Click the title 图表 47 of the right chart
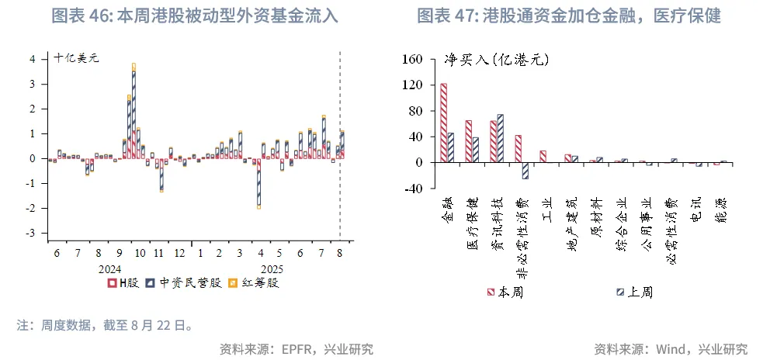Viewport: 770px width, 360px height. [569, 16]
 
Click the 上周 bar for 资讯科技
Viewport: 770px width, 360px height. [499, 138]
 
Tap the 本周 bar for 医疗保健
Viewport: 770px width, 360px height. [468, 141]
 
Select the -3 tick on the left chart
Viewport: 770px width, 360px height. [31, 233]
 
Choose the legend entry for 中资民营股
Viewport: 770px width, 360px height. [185, 282]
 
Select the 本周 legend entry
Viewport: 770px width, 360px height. [505, 292]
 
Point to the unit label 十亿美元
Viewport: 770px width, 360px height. [77, 57]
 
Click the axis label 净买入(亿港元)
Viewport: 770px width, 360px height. [490, 59]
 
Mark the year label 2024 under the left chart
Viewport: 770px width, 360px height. [111, 268]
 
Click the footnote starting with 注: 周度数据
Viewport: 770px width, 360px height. [105, 325]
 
